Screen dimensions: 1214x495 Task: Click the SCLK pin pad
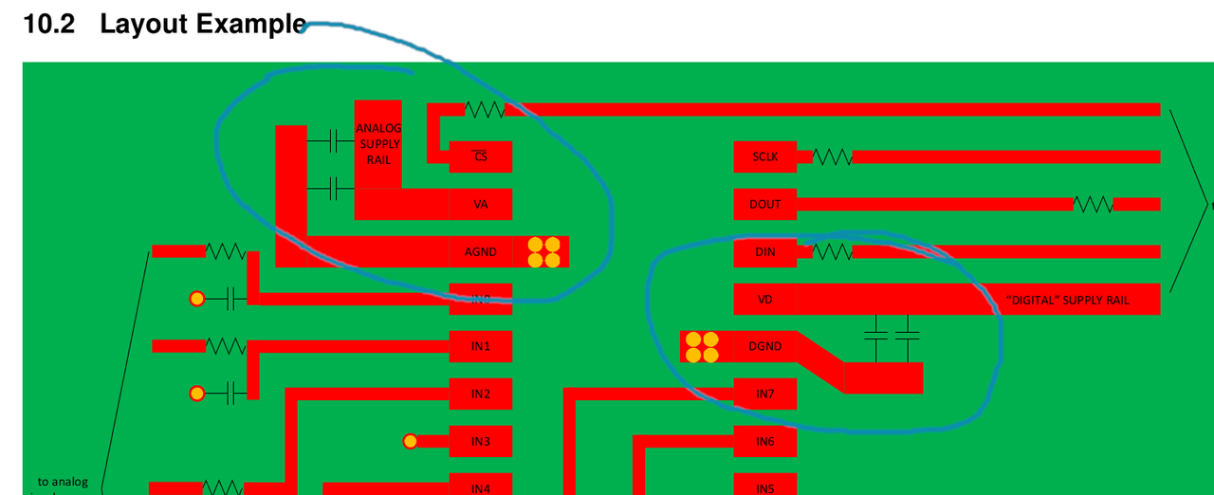pos(764,156)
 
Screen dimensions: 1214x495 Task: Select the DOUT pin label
pos(764,204)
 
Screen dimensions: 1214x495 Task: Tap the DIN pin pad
pos(764,251)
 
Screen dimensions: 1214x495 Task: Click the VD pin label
pos(764,300)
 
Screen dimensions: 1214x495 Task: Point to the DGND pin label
pos(764,346)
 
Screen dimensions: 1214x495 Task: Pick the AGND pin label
pos(481,252)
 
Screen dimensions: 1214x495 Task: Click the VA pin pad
pos(481,204)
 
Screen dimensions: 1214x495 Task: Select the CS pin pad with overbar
pos(481,156)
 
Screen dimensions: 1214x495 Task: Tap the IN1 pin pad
pos(481,346)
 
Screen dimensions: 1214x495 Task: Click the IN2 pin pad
pos(481,394)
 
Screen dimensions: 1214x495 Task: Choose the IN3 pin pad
pos(481,441)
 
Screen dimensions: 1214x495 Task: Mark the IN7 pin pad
pos(764,394)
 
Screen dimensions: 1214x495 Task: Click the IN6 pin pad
pos(764,441)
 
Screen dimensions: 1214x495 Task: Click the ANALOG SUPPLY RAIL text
pos(378,144)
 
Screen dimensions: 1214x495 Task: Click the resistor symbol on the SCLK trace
pos(833,156)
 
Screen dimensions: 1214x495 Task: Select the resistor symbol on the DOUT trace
pos(1093,204)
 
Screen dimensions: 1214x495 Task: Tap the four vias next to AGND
pos(543,251)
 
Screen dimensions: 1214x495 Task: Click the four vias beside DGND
pos(702,346)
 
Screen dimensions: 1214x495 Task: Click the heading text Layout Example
pos(203,25)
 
